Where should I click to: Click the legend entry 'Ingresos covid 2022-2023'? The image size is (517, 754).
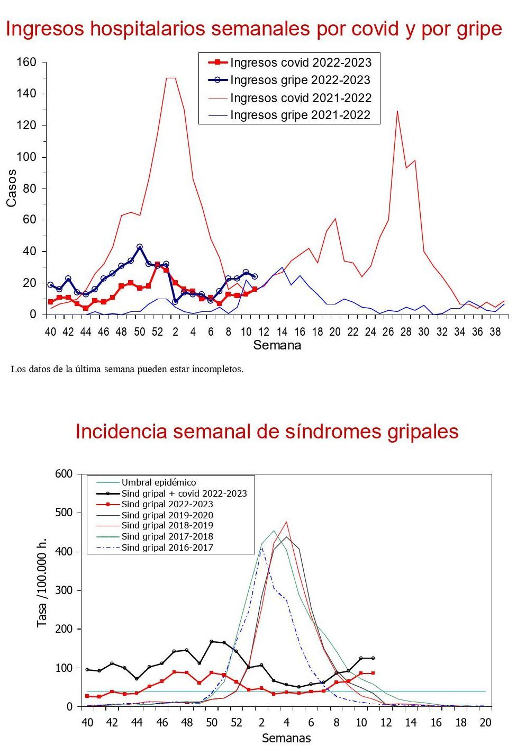pyautogui.click(x=301, y=62)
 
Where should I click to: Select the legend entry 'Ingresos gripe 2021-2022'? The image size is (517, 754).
pyautogui.click(x=300, y=115)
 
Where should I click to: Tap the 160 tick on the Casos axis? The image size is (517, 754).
pyautogui.click(x=26, y=62)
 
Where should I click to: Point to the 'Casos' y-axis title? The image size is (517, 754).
pyautogui.click(x=12, y=188)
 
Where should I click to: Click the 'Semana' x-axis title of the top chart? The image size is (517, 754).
pyautogui.click(x=277, y=346)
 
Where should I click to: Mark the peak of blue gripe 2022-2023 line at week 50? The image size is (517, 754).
pyautogui.click(x=140, y=247)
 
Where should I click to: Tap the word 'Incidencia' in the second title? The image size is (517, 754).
pyautogui.click(x=121, y=432)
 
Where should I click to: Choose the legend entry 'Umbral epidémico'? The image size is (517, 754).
pyautogui.click(x=159, y=482)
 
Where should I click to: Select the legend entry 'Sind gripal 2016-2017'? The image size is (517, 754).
pyautogui.click(x=167, y=547)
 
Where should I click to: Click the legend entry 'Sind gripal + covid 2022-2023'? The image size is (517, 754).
pyautogui.click(x=184, y=493)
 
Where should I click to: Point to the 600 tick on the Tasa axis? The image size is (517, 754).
pyautogui.click(x=64, y=474)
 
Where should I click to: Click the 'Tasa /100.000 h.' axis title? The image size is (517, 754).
pyautogui.click(x=42, y=590)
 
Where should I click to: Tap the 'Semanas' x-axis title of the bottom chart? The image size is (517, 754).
pyautogui.click(x=286, y=738)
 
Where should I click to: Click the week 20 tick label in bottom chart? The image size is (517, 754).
pyautogui.click(x=485, y=723)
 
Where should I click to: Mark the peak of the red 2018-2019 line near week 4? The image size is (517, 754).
pyautogui.click(x=286, y=522)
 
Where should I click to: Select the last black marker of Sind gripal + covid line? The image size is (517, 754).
pyautogui.click(x=373, y=658)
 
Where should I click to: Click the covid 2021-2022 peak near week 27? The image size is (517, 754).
pyautogui.click(x=397, y=111)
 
